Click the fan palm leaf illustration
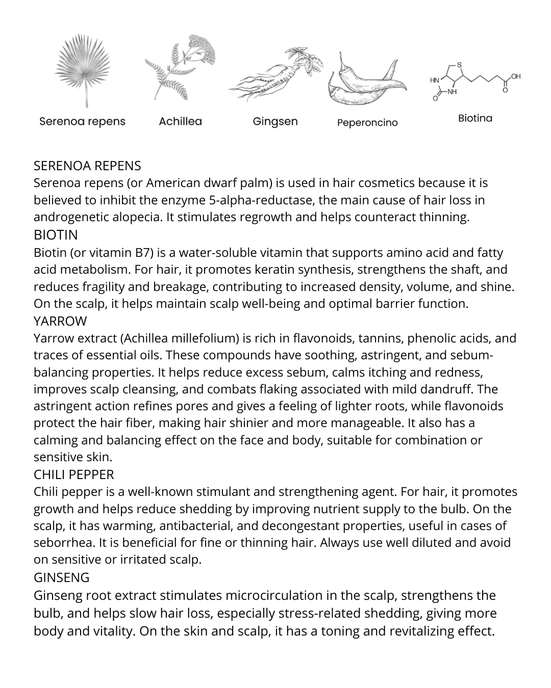point(82,69)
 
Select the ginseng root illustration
point(275,74)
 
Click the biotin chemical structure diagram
point(474,82)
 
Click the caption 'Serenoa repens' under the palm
point(82,121)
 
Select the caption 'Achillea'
point(180,121)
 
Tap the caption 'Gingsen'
point(275,122)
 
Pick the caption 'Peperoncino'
point(367,123)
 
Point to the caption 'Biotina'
point(475,118)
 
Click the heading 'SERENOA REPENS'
point(87,166)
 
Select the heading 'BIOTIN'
point(56,235)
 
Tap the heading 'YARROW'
point(60,321)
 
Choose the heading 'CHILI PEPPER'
point(73,474)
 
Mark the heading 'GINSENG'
point(61,577)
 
